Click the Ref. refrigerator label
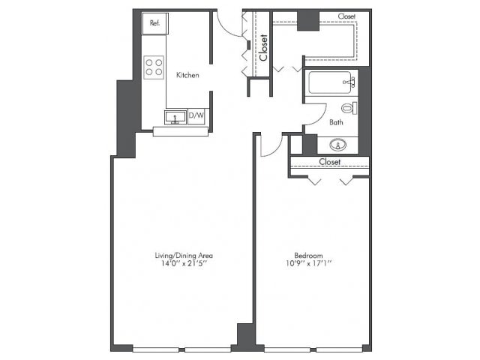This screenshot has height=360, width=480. tap(155, 23)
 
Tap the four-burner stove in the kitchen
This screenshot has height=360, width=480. tap(154, 67)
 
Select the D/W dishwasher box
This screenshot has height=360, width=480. tap(196, 115)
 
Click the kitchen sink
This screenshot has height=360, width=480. tap(175, 117)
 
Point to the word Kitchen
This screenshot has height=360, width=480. tap(187, 75)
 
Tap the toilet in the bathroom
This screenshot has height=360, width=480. tap(349, 108)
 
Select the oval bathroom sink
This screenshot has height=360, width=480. tap(338, 145)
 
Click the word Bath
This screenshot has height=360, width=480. tap(336, 122)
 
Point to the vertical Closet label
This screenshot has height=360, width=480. tap(263, 47)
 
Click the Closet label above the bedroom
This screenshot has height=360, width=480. tap(330, 162)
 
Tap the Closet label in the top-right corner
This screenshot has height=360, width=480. tap(346, 16)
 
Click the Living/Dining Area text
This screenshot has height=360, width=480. tap(184, 255)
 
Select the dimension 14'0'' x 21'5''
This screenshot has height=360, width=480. tap(184, 263)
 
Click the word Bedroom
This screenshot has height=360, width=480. tap(308, 255)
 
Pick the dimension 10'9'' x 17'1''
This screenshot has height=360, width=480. tap(308, 263)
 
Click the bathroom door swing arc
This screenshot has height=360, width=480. tap(321, 119)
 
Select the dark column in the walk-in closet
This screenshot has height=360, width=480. tap(308, 21)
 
